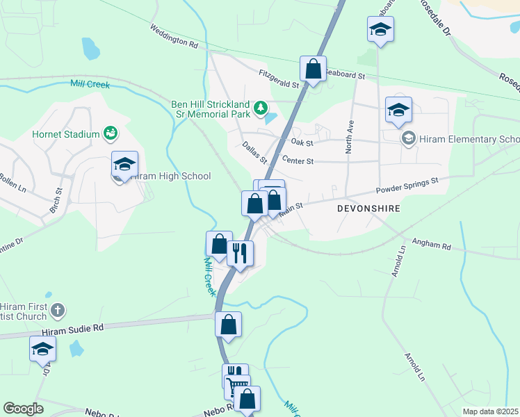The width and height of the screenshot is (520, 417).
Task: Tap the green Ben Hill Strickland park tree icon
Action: click(x=261, y=107)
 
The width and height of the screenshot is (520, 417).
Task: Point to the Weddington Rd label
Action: click(x=174, y=36)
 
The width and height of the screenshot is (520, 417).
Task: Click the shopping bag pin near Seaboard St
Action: click(x=314, y=69)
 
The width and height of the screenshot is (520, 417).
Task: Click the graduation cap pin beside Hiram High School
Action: click(x=124, y=165)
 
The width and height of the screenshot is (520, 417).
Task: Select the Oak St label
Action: click(x=302, y=142)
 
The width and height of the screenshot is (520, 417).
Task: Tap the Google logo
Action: click(x=23, y=409)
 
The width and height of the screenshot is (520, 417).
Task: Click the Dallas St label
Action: click(x=255, y=152)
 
